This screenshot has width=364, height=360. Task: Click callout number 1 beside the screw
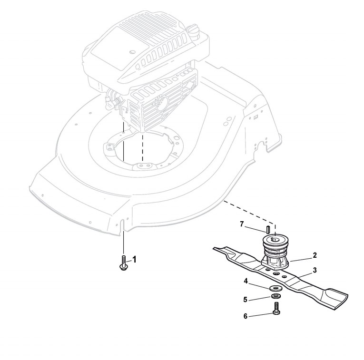(x=134, y=259)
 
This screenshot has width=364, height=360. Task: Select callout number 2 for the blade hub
(x=315, y=255)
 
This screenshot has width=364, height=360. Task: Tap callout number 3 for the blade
(x=315, y=269)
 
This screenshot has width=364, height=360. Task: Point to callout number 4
(x=246, y=281)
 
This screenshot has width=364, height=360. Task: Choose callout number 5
(x=246, y=300)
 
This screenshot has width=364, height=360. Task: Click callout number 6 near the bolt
(x=246, y=315)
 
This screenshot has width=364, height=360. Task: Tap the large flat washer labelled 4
(x=275, y=289)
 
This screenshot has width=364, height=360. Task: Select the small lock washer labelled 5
(x=275, y=297)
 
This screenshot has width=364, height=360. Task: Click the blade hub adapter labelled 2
(x=275, y=252)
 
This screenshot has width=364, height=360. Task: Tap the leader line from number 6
(x=261, y=314)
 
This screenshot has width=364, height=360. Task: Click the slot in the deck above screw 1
(x=123, y=224)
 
